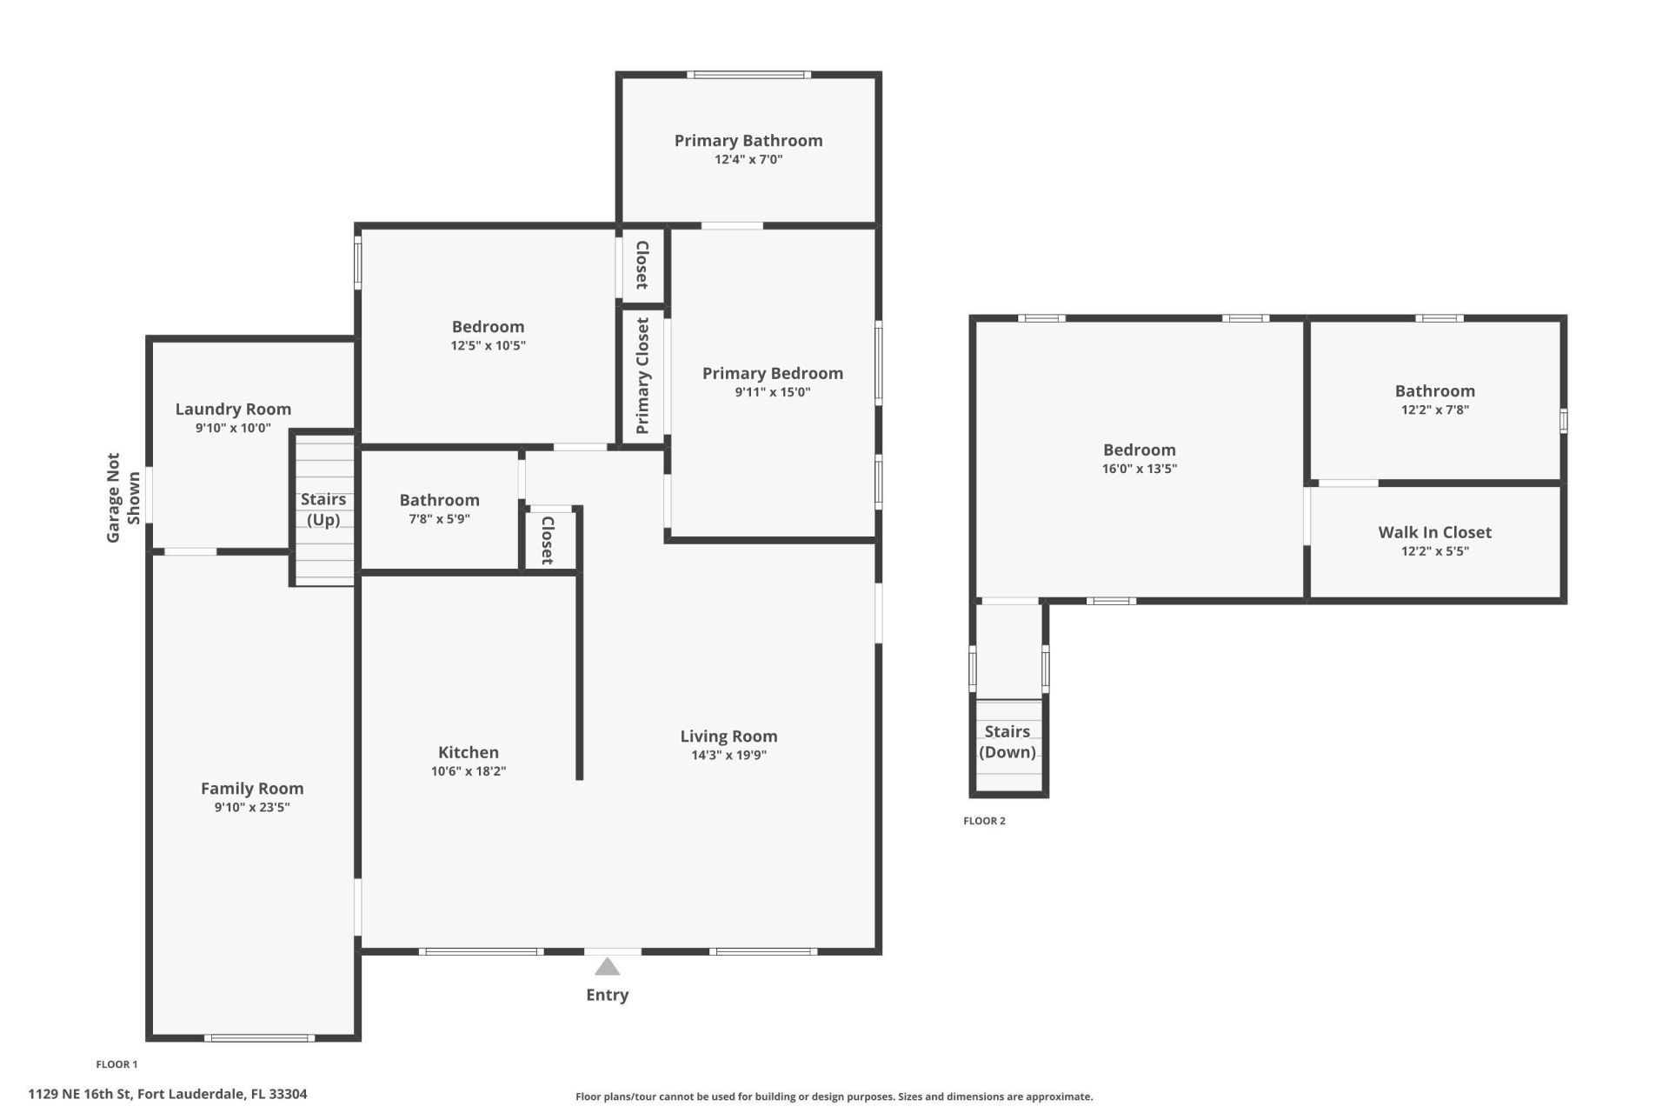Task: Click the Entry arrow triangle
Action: tap(607, 967)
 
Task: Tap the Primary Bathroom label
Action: tap(748, 141)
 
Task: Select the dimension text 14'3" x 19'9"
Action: tap(728, 756)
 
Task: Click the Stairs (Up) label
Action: tap(322, 510)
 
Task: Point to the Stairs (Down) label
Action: tap(1007, 742)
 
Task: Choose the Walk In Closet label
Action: tap(1434, 532)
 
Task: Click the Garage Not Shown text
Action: tap(123, 498)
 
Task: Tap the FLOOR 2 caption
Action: tap(984, 821)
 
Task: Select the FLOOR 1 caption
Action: tap(116, 1064)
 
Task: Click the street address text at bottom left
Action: tap(168, 1094)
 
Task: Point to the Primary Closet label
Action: tap(642, 376)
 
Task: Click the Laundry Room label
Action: tap(233, 410)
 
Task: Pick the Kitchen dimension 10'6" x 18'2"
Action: tap(468, 771)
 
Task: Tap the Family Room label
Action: tap(252, 789)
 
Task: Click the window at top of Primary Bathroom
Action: tap(748, 75)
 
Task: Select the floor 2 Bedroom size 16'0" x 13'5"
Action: tap(1139, 469)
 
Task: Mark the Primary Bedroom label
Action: tap(772, 374)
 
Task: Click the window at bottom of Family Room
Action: tap(259, 1037)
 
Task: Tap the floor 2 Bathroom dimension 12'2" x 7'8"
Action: tap(1434, 410)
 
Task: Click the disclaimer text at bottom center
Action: tap(834, 1096)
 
